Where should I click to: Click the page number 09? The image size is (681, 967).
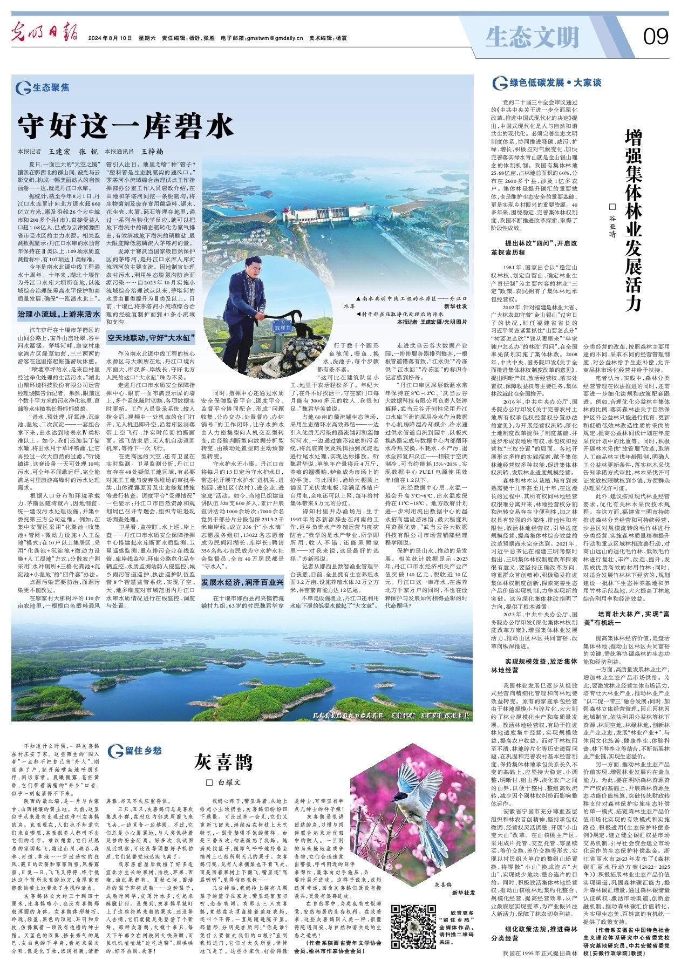coord(655,37)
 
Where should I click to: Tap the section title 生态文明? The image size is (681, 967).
coord(532,37)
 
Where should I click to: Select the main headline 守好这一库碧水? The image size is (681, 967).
coord(125,127)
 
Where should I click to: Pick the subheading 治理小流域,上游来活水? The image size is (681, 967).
coord(58,314)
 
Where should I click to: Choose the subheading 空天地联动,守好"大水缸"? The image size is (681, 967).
coord(151,338)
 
